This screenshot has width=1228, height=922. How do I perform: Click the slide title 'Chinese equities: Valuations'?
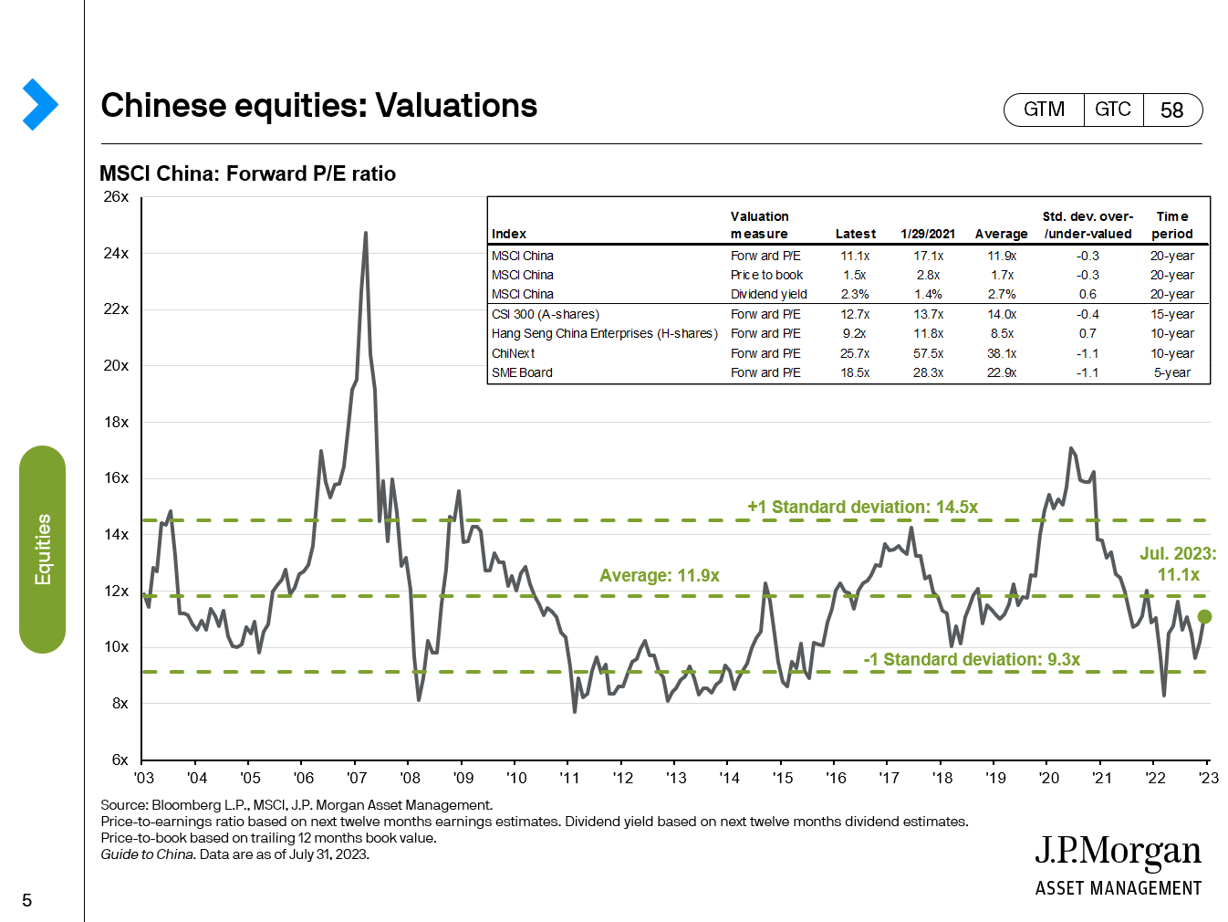pos(318,106)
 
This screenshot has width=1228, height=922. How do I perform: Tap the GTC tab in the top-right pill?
pos(1112,110)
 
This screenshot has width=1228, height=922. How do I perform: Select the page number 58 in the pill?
pos(1171,110)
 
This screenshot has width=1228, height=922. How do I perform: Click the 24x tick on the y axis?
pos(116,253)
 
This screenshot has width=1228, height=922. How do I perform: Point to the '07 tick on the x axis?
pos(357,778)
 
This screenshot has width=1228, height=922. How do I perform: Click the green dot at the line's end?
pos(1204,617)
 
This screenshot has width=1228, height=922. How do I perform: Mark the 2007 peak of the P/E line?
pos(366,234)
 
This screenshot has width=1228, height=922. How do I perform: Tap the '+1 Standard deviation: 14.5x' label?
pos(862,507)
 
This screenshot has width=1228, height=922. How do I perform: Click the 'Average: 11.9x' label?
pos(659,575)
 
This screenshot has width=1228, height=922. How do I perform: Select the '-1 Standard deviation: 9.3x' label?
pos(972,659)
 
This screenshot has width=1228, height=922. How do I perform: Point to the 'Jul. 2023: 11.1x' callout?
pos(1178,564)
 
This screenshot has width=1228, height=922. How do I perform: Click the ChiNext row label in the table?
pos(513,353)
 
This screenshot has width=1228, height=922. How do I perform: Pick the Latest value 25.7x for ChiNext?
pos(855,353)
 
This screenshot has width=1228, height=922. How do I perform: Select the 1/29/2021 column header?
pos(928,234)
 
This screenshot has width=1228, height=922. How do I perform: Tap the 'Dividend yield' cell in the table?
pos(768,294)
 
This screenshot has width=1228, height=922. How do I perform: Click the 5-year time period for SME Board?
pos(1171,372)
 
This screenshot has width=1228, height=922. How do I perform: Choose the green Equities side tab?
pos(42,549)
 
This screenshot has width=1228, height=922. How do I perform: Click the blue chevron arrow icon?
pos(39,104)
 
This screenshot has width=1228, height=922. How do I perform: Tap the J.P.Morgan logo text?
pos(1118,853)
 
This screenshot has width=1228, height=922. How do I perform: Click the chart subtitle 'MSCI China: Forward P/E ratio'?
pos(247,173)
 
